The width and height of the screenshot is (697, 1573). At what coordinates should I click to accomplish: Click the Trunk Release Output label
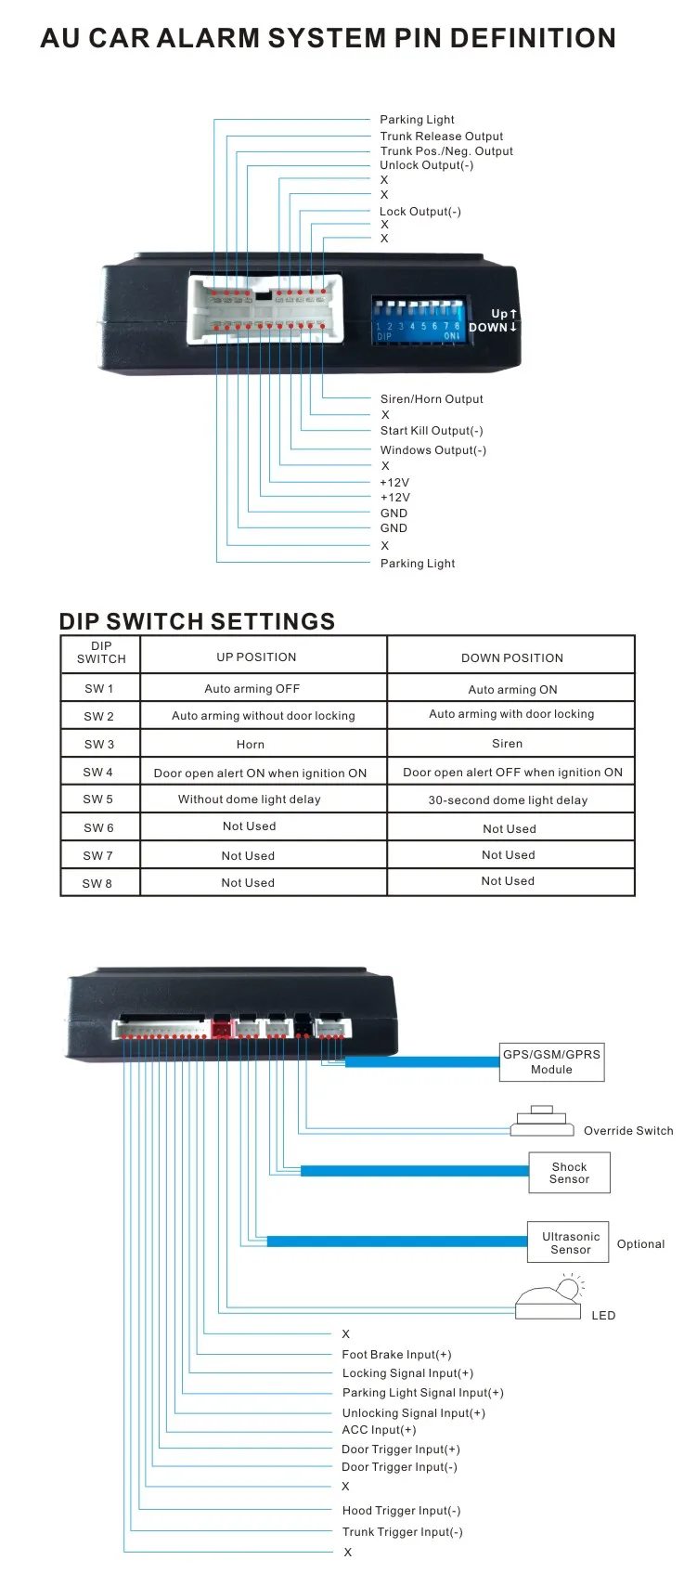pos(441,136)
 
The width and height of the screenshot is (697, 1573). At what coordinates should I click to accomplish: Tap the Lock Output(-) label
pos(419,212)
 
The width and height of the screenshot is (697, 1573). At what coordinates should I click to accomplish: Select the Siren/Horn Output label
pos(432,399)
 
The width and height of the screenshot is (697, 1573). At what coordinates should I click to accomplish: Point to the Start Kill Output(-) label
pos(432,431)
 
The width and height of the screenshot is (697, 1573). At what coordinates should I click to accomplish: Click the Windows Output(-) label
pos(432,450)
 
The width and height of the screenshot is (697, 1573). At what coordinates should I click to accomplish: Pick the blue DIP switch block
pos(418,319)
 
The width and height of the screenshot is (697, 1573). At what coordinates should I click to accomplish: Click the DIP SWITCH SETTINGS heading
pos(197,621)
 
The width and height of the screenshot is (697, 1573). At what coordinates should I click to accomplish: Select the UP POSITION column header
pos(256,657)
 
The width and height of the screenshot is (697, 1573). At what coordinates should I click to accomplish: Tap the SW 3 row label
pos(99,744)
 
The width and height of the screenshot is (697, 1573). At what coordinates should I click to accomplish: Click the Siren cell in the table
pos(507,744)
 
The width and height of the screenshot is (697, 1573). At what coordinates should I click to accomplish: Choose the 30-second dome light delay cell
pos(508,800)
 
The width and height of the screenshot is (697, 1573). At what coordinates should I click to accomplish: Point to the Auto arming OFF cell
pos(252,689)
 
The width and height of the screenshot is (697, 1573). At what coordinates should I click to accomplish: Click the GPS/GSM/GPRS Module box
pos(551,1061)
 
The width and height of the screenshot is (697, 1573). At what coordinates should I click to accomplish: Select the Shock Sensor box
pos(569,1173)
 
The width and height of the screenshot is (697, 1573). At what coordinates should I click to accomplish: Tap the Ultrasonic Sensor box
pos(570,1242)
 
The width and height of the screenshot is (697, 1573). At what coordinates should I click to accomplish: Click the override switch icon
pos(542,1122)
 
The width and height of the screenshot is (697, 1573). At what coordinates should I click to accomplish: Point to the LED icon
pos(551,1298)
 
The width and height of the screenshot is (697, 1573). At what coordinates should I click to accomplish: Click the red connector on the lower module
pos(221,1028)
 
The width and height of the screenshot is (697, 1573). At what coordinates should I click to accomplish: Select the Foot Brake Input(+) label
pos(396,1355)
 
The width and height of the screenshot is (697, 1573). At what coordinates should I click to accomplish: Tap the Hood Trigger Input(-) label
pos(401,1511)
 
